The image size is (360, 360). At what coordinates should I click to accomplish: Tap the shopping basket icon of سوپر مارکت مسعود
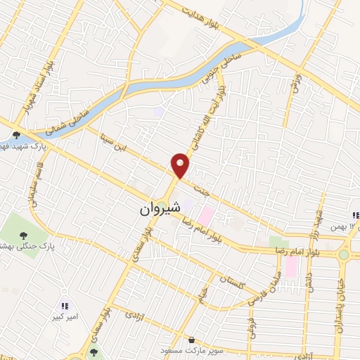point(191,340)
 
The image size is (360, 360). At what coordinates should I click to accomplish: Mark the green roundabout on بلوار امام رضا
point(344,255)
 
